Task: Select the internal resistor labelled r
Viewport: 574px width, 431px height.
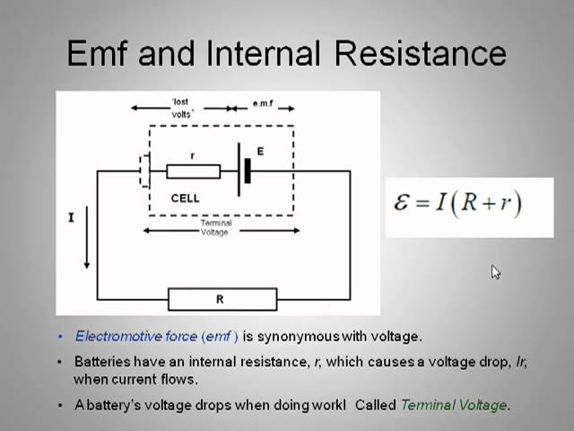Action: (x=193, y=171)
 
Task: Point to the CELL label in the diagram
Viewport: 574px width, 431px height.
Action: (x=185, y=198)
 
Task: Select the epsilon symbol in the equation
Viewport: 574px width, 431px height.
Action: (x=404, y=201)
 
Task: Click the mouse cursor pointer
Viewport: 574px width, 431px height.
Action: (x=495, y=272)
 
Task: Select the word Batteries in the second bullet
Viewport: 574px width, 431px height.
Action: (x=100, y=362)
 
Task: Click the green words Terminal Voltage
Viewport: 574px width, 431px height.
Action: (x=454, y=405)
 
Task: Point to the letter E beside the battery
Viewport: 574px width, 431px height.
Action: (x=260, y=152)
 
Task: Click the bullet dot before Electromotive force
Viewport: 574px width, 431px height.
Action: (x=61, y=337)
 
